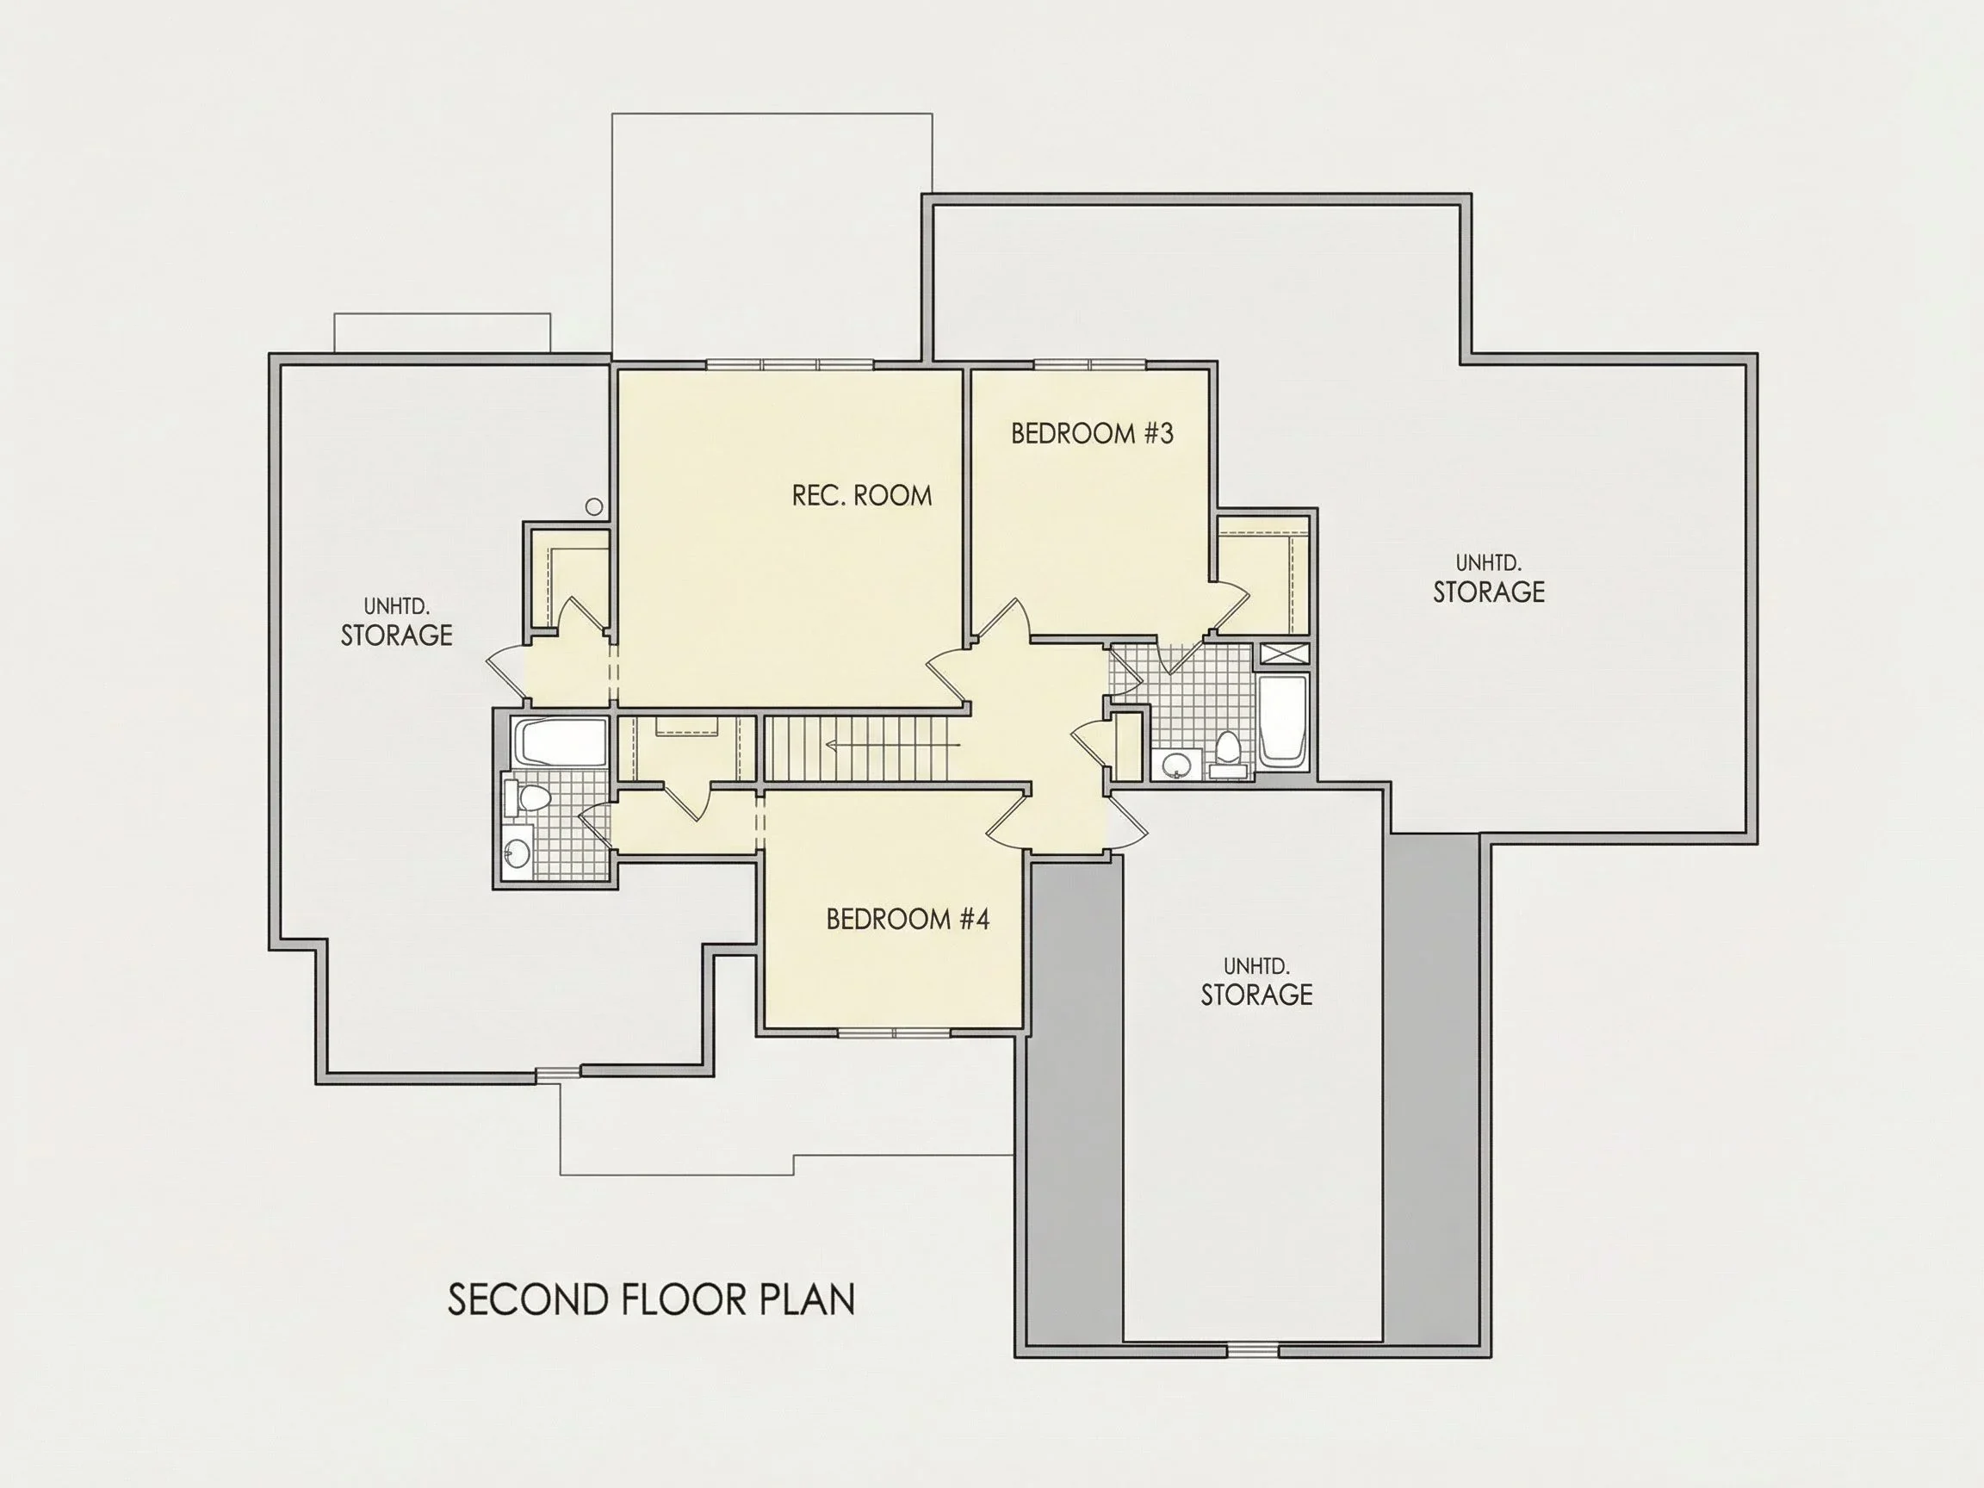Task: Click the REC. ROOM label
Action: [862, 495]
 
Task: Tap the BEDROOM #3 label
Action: [1092, 433]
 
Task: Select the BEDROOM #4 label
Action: [907, 920]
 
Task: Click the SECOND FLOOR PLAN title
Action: [651, 1299]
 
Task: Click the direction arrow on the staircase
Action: [892, 745]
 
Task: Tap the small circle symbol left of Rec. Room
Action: [594, 506]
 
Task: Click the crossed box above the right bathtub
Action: [1285, 653]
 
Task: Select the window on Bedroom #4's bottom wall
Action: [894, 1033]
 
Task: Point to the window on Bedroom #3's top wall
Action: [1091, 364]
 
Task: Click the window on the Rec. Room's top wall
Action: [790, 364]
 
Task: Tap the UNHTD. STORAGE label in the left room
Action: [396, 623]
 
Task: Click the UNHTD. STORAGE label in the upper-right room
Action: [1489, 580]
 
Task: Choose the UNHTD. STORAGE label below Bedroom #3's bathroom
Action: [1256, 983]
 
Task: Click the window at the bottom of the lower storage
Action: [1253, 1351]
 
